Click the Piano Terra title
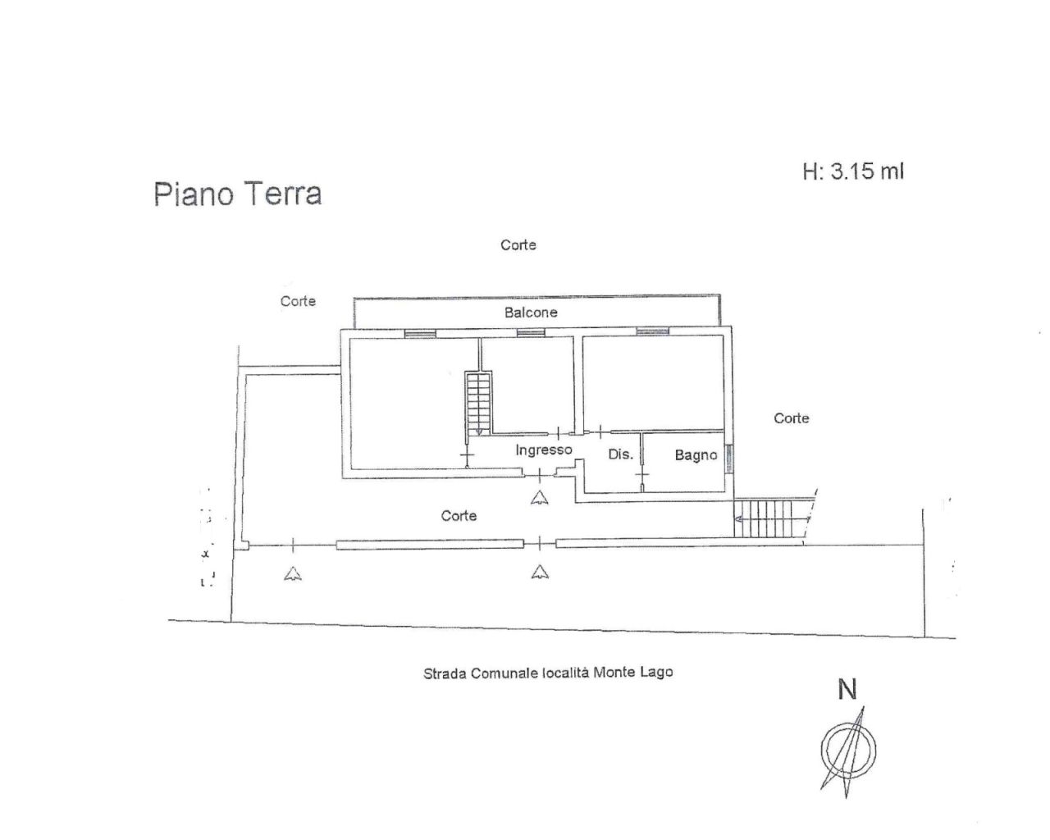[x=237, y=194]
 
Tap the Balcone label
[x=531, y=313]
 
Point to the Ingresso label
[x=543, y=450]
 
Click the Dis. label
[x=620, y=454]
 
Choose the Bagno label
[x=696, y=454]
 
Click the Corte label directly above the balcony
[x=518, y=244]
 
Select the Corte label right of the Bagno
[x=792, y=418]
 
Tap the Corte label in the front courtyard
[x=459, y=516]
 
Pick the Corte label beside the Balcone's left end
[x=298, y=301]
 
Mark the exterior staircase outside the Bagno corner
[x=769, y=519]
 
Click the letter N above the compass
[x=847, y=690]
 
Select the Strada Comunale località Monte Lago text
[x=547, y=673]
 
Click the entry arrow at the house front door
[x=539, y=496]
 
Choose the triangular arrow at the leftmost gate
[x=293, y=573]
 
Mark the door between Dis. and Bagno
[x=641, y=475]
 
